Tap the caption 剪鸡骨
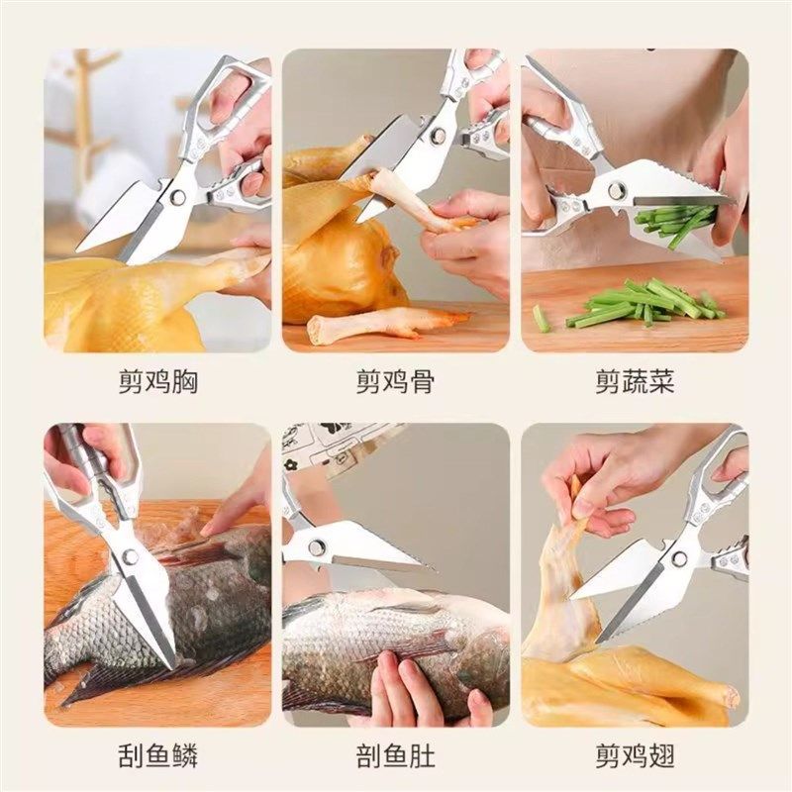(396, 381)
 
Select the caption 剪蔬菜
(635, 381)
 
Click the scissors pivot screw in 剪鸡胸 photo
(178, 197)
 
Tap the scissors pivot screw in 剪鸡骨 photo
(436, 136)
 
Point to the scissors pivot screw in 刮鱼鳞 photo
(130, 557)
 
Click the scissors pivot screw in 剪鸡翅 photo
(680, 557)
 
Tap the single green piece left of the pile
(541, 318)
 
